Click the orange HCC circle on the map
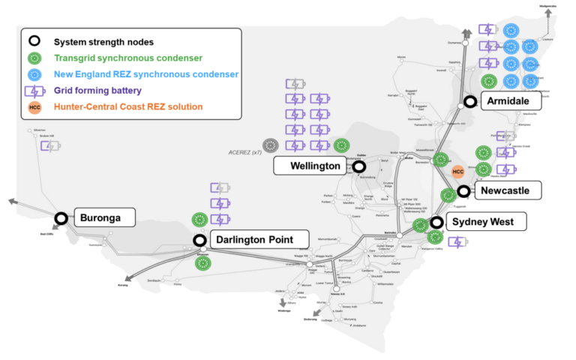[458, 172]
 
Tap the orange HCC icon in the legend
[34, 107]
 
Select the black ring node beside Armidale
[470, 101]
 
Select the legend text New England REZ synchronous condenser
[146, 74]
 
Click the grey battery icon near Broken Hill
[50, 145]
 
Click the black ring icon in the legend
[34, 41]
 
